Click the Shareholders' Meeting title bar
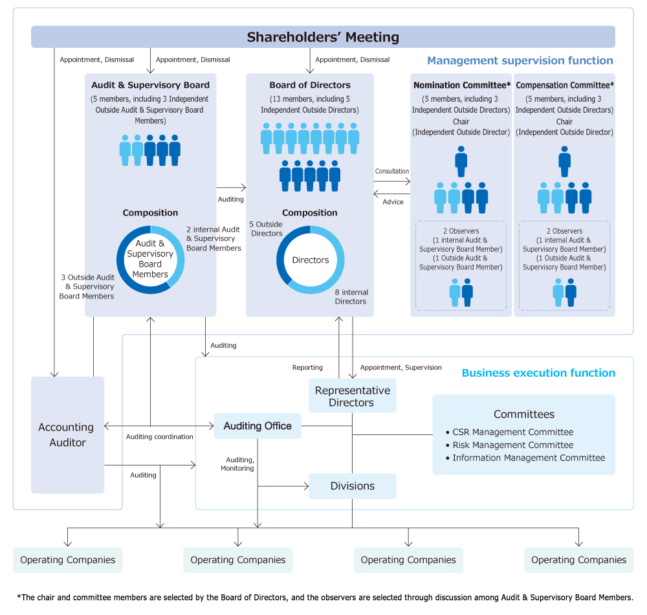[323, 37]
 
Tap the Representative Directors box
[352, 396]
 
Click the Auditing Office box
[258, 426]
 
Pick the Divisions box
[352, 486]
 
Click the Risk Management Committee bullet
[512, 445]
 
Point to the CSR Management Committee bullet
[512, 432]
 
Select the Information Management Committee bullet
[529, 458]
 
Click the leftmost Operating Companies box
[67, 560]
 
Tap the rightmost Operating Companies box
[578, 560]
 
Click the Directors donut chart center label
[311, 260]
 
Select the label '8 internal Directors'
[351, 297]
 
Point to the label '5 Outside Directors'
[267, 229]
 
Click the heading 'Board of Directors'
[310, 85]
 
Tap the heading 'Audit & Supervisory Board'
[150, 85]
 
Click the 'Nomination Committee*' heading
[461, 85]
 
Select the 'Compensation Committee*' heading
[565, 85]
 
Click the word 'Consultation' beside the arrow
[392, 172]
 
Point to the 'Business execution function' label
[538, 373]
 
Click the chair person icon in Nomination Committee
[461, 161]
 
